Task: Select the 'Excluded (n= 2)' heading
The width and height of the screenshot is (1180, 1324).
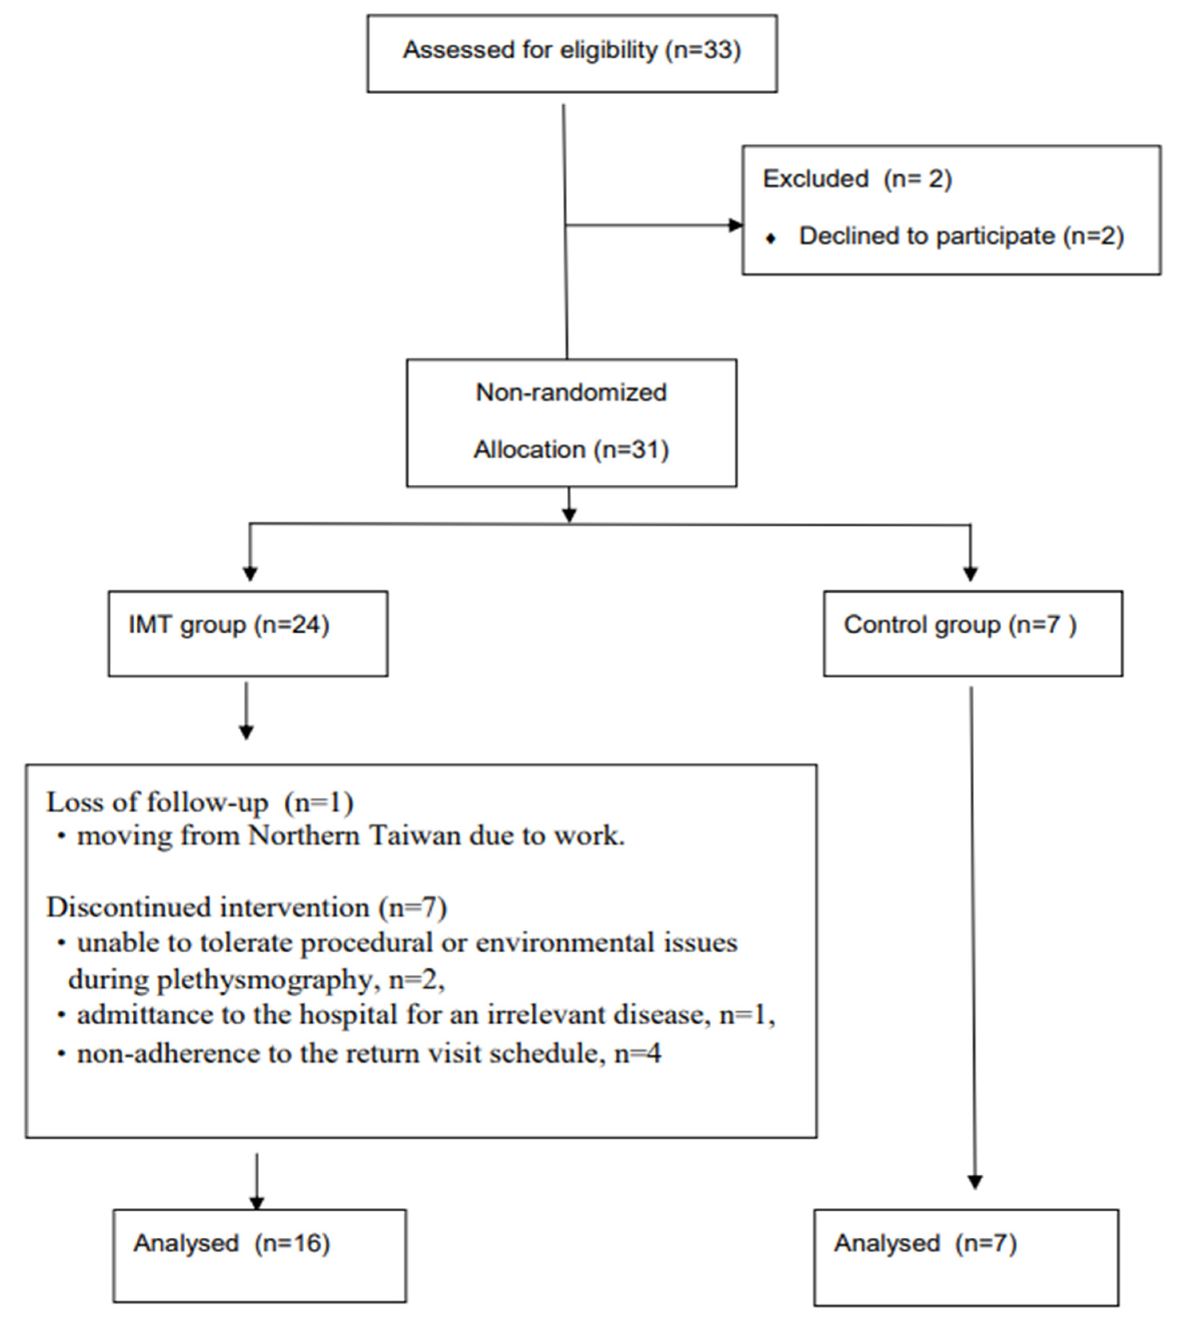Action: [x=857, y=179]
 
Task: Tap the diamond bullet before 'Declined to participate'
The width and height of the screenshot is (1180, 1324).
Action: [x=771, y=239]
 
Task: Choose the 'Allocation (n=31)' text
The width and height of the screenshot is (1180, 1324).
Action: [x=571, y=450]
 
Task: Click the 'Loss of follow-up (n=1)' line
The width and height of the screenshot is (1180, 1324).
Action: [x=200, y=803]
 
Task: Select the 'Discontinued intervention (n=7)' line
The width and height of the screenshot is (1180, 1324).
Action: [x=246, y=907]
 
